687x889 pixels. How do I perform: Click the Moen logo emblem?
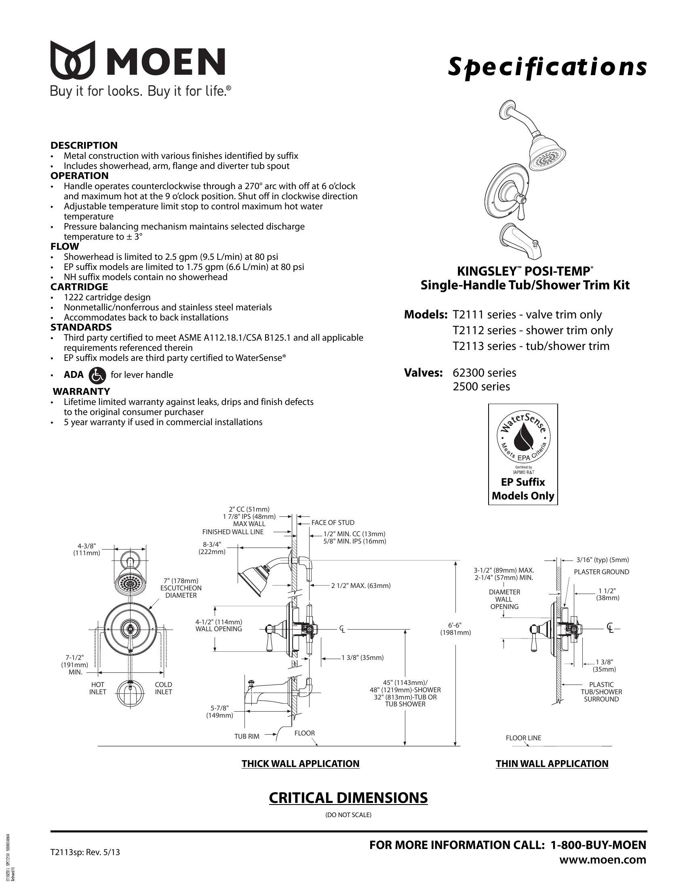[73, 60]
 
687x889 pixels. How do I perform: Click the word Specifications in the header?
[547, 66]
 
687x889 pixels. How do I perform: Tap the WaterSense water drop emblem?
[522, 437]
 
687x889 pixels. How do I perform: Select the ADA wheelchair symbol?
[97, 375]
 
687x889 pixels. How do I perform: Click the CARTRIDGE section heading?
[79, 287]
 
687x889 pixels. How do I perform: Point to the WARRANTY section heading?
[81, 392]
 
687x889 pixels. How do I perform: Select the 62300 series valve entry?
[484, 373]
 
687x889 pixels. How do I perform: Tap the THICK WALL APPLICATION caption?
[300, 764]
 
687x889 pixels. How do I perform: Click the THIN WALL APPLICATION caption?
[552, 764]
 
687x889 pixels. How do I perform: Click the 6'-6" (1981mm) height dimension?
[455, 629]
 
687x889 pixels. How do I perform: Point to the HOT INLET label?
[98, 688]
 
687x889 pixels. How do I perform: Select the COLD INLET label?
[163, 688]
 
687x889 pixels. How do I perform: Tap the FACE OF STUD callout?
[333, 522]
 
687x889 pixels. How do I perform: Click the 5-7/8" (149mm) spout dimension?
[219, 712]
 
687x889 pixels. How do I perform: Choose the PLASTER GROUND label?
[601, 572]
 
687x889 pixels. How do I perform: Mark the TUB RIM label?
[247, 737]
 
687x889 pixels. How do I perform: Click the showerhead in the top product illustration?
[548, 156]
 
